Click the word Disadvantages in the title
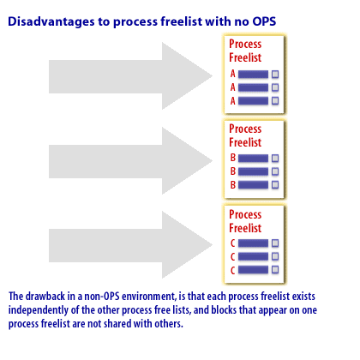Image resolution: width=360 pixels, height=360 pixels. tap(51, 22)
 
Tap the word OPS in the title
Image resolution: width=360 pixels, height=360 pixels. tap(264, 21)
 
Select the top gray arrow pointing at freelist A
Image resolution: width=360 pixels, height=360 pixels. tap(130, 76)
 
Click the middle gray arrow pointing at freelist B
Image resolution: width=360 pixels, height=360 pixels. tap(130, 161)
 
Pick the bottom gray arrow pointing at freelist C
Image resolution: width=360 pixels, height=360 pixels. tap(130, 245)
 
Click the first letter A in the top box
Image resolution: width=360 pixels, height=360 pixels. tap(233, 74)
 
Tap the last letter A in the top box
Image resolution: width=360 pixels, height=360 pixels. tap(233, 101)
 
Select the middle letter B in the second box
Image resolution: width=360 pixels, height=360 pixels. tap(233, 171)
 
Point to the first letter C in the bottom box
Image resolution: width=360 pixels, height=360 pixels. tap(232, 243)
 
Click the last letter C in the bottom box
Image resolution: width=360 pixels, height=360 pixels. tap(232, 270)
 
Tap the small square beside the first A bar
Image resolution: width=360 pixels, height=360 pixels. tap(275, 75)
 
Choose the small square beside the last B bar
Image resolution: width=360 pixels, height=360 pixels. tap(275, 185)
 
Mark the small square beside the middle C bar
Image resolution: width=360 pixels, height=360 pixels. tap(275, 256)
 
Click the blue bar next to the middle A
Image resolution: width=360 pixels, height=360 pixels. tap(253, 87)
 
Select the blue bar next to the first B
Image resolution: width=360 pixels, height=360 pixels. tap(253, 159)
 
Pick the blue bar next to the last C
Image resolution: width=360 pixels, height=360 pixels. tap(253, 270)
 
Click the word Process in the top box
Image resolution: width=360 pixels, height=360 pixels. tap(245, 44)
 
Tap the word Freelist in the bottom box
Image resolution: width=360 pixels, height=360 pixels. tap(245, 228)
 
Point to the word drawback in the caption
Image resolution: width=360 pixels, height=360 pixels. tap(45, 296)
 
